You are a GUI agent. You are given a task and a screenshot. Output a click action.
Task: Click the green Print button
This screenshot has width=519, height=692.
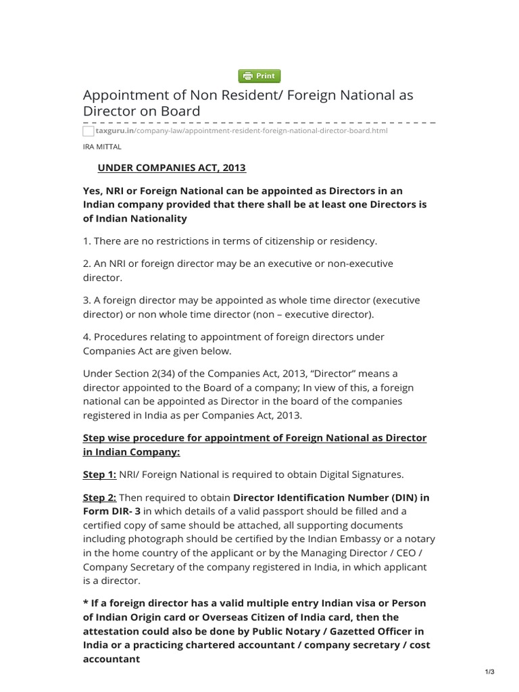click(x=259, y=76)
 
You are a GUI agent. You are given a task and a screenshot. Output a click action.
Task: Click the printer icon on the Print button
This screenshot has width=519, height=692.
click(x=247, y=76)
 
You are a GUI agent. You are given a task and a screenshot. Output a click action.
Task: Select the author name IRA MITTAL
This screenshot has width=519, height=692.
click(x=102, y=145)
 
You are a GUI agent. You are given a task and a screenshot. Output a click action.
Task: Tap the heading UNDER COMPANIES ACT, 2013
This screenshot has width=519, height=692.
click(x=172, y=168)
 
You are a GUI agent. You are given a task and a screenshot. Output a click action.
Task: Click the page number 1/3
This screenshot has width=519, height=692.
click(x=490, y=671)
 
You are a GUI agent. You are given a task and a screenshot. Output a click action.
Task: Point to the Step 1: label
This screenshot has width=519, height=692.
click(x=99, y=474)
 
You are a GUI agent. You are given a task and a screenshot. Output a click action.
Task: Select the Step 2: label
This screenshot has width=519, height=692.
click(x=99, y=497)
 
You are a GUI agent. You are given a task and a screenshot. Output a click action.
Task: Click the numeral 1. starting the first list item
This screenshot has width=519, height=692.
click(x=86, y=241)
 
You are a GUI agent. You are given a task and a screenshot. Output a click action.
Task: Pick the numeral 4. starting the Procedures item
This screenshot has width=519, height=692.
click(x=87, y=337)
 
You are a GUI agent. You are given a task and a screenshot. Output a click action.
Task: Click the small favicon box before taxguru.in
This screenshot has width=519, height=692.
click(x=88, y=131)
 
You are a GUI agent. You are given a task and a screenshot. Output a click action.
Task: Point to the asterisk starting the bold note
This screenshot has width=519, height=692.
click(x=85, y=603)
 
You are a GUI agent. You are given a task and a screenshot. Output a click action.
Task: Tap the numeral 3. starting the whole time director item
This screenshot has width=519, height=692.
click(x=87, y=299)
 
